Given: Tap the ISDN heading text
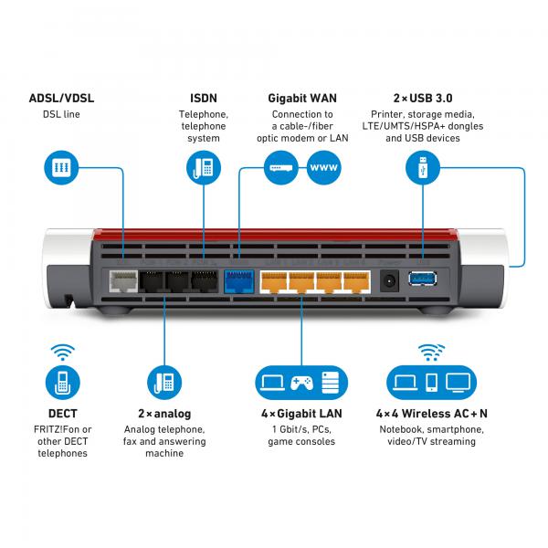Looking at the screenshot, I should pyautogui.click(x=204, y=97).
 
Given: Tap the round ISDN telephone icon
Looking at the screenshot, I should pyautogui.click(x=203, y=168).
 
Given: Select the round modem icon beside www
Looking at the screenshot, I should pyautogui.click(x=278, y=168).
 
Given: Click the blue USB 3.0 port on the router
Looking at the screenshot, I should pyautogui.click(x=423, y=279).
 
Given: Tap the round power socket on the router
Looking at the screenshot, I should pyautogui.click(x=390, y=279).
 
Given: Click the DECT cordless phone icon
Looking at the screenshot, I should pyautogui.click(x=63, y=383).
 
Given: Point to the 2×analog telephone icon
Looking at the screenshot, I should pyautogui.click(x=164, y=383).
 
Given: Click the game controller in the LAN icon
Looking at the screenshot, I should pyautogui.click(x=300, y=381).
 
